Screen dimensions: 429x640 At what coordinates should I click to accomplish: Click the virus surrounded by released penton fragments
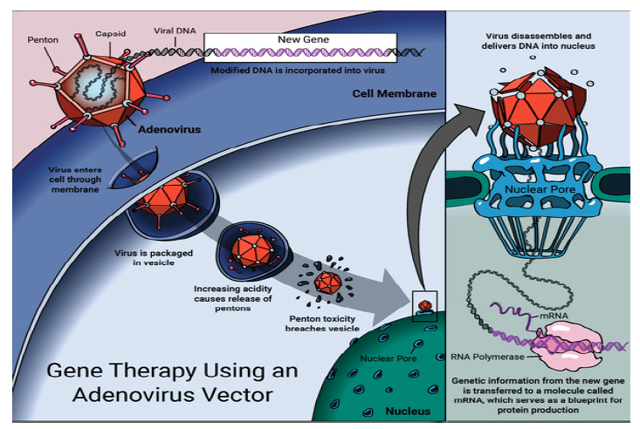pyautogui.click(x=328, y=283)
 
